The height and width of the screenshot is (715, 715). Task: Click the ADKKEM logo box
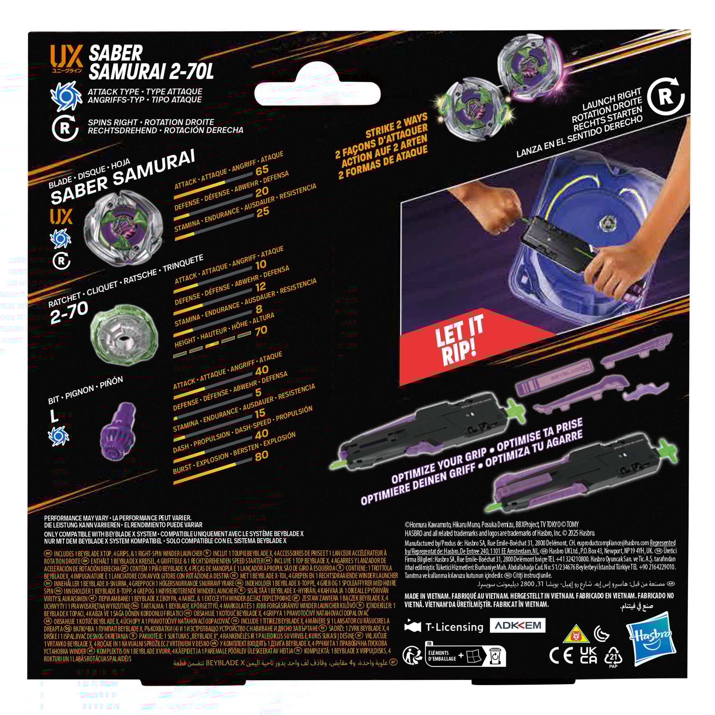[x=517, y=625]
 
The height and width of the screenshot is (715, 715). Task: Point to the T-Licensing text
[x=454, y=627]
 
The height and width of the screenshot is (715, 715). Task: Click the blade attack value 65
[x=262, y=170]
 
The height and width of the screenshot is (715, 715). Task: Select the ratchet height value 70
[x=261, y=330]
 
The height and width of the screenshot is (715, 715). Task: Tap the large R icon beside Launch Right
[x=665, y=96]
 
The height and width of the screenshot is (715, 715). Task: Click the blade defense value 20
[x=262, y=192]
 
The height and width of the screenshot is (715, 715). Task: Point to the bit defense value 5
[x=258, y=392]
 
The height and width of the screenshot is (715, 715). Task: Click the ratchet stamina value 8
[x=259, y=309]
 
